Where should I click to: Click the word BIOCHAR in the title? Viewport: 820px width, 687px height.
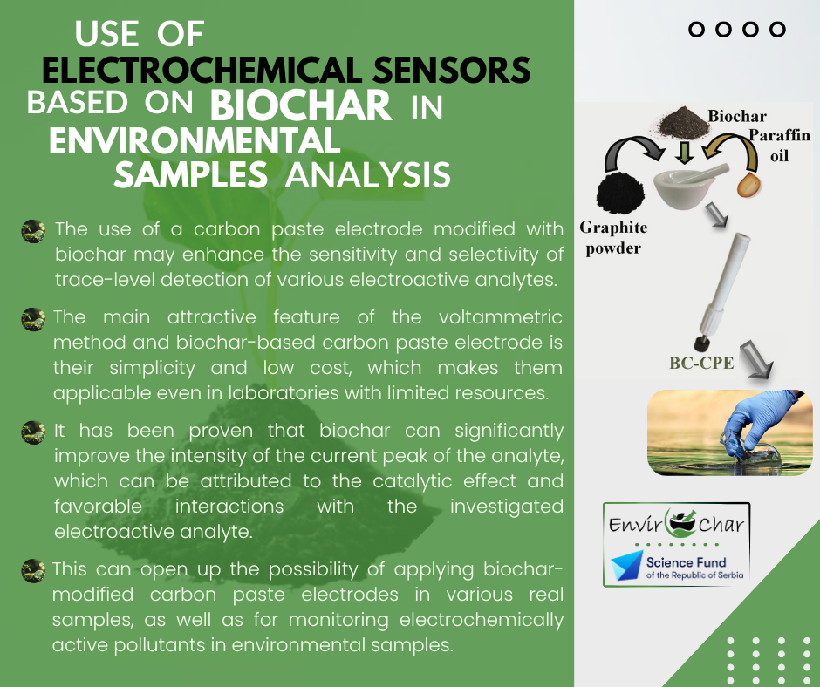tap(301, 105)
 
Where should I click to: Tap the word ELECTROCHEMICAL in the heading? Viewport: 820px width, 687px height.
tap(202, 70)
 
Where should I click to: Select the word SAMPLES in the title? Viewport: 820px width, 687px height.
tap(191, 174)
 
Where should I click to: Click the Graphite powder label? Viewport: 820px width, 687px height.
tap(613, 237)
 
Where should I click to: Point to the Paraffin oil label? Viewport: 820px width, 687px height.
tap(779, 146)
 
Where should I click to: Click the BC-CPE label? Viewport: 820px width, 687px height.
tap(701, 363)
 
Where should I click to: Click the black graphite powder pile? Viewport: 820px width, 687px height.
tap(621, 193)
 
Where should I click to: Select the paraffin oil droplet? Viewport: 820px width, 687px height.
tap(748, 185)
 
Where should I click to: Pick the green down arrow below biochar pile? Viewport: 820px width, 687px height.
tap(684, 153)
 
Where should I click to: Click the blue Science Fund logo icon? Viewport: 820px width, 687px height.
tap(627, 565)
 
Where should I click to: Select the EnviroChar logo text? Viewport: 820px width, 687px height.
tap(676, 523)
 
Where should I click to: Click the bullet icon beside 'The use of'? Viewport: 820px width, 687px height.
tap(33, 231)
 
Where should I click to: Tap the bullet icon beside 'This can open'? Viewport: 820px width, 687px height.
tap(33, 571)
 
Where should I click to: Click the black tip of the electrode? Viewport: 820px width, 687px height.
tap(701, 344)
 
